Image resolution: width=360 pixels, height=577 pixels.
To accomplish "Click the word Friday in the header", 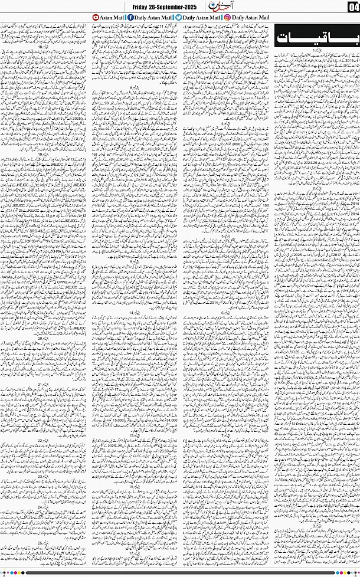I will pos(142,6).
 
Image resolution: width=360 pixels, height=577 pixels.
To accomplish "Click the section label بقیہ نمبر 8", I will pos(136,87).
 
